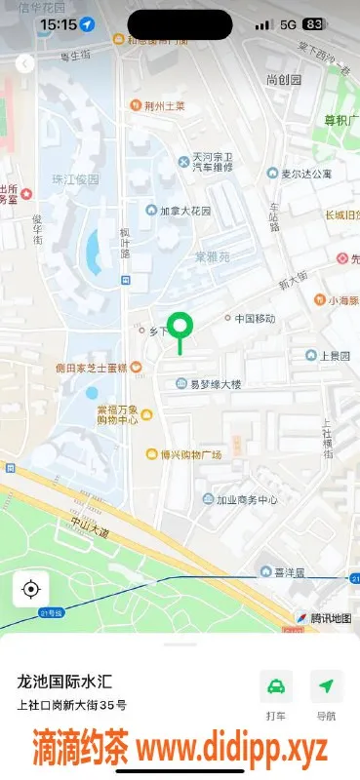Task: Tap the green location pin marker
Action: [180, 328]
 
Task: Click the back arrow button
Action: [24, 63]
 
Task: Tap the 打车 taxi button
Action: [276, 686]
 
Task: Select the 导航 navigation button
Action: [326, 686]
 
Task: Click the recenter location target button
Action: [31, 589]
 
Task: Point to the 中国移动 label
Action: [255, 319]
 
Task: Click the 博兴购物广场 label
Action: [191, 455]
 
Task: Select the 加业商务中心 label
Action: [247, 500]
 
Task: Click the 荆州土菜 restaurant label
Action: [162, 105]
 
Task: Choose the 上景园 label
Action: [334, 356]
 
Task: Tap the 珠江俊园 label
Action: [75, 180]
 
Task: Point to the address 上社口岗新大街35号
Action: [70, 705]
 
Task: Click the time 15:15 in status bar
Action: [60, 23]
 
